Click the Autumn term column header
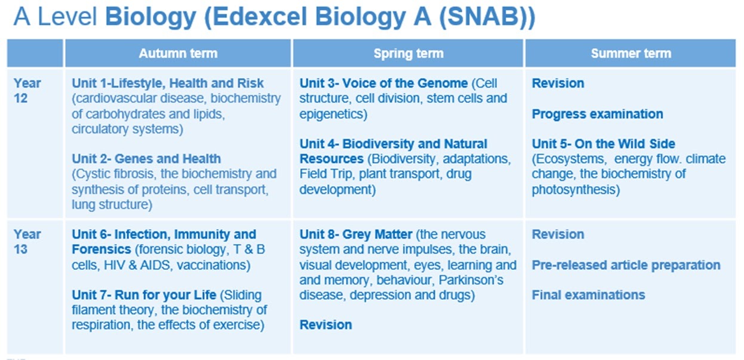178,54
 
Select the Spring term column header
408,54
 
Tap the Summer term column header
631,54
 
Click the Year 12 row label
27,91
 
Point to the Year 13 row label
27,242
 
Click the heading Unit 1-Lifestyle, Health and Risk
168,83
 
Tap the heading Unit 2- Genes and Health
146,159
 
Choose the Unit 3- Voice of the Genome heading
383,83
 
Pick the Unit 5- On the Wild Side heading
604,144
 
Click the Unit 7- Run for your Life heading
144,295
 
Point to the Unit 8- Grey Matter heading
356,235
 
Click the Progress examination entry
598,114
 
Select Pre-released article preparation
626,265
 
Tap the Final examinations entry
589,295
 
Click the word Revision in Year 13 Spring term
326,325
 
